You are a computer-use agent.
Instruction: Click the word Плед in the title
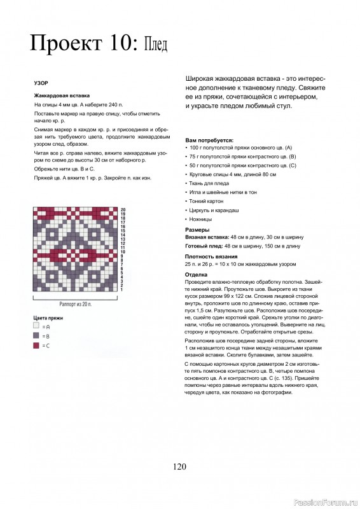click(x=155, y=45)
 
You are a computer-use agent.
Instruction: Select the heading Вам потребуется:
click(x=209, y=139)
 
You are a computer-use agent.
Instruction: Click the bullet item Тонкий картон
click(x=205, y=200)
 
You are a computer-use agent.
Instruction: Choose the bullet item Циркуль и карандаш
click(x=212, y=209)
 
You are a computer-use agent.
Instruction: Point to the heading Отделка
click(x=197, y=274)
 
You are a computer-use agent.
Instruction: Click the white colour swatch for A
click(x=36, y=324)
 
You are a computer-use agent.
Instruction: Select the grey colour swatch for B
click(x=36, y=335)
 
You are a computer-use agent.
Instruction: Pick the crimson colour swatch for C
click(x=36, y=345)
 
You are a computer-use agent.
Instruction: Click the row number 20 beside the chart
click(x=123, y=209)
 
